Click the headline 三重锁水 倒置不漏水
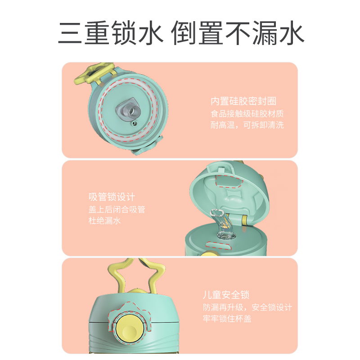(181, 32)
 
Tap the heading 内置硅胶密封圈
(243, 101)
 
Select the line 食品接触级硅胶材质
(247, 114)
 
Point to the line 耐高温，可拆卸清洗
(247, 125)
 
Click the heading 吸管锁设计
(112, 197)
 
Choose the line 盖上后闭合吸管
(117, 209)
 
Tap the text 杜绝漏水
(105, 220)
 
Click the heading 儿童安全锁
(226, 295)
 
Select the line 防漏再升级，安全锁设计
(247, 307)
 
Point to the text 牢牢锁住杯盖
(227, 319)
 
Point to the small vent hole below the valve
(134, 123)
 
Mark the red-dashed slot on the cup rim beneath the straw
(219, 245)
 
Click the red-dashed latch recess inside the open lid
(229, 181)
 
